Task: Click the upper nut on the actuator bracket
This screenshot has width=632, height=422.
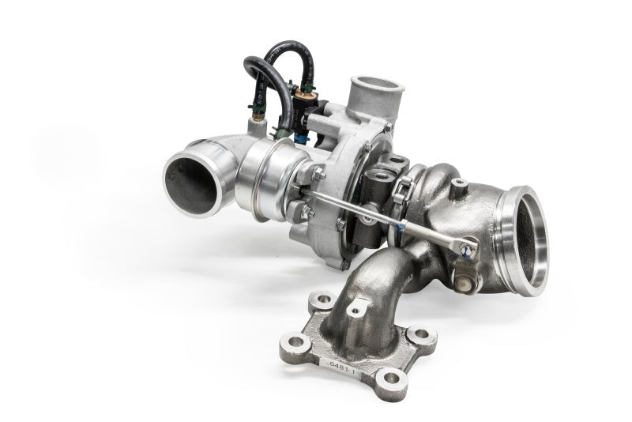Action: [x=318, y=174]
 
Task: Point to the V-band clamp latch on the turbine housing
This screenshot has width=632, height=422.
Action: [x=403, y=190]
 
